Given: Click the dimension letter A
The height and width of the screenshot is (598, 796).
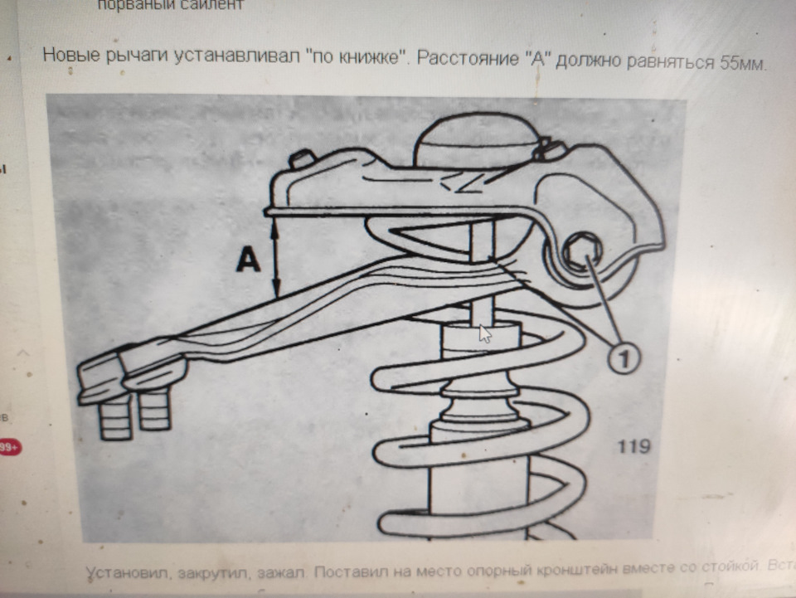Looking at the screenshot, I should tap(248, 260).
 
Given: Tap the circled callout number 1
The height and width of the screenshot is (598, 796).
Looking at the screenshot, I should tap(625, 358).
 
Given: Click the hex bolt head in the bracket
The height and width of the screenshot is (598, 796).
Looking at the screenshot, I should tap(579, 251).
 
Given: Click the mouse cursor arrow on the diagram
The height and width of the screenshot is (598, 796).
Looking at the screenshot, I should tap(485, 333).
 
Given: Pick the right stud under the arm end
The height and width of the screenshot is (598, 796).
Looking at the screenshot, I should tap(154, 411).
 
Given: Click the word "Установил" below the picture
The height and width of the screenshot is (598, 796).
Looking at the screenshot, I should tap(124, 573).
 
